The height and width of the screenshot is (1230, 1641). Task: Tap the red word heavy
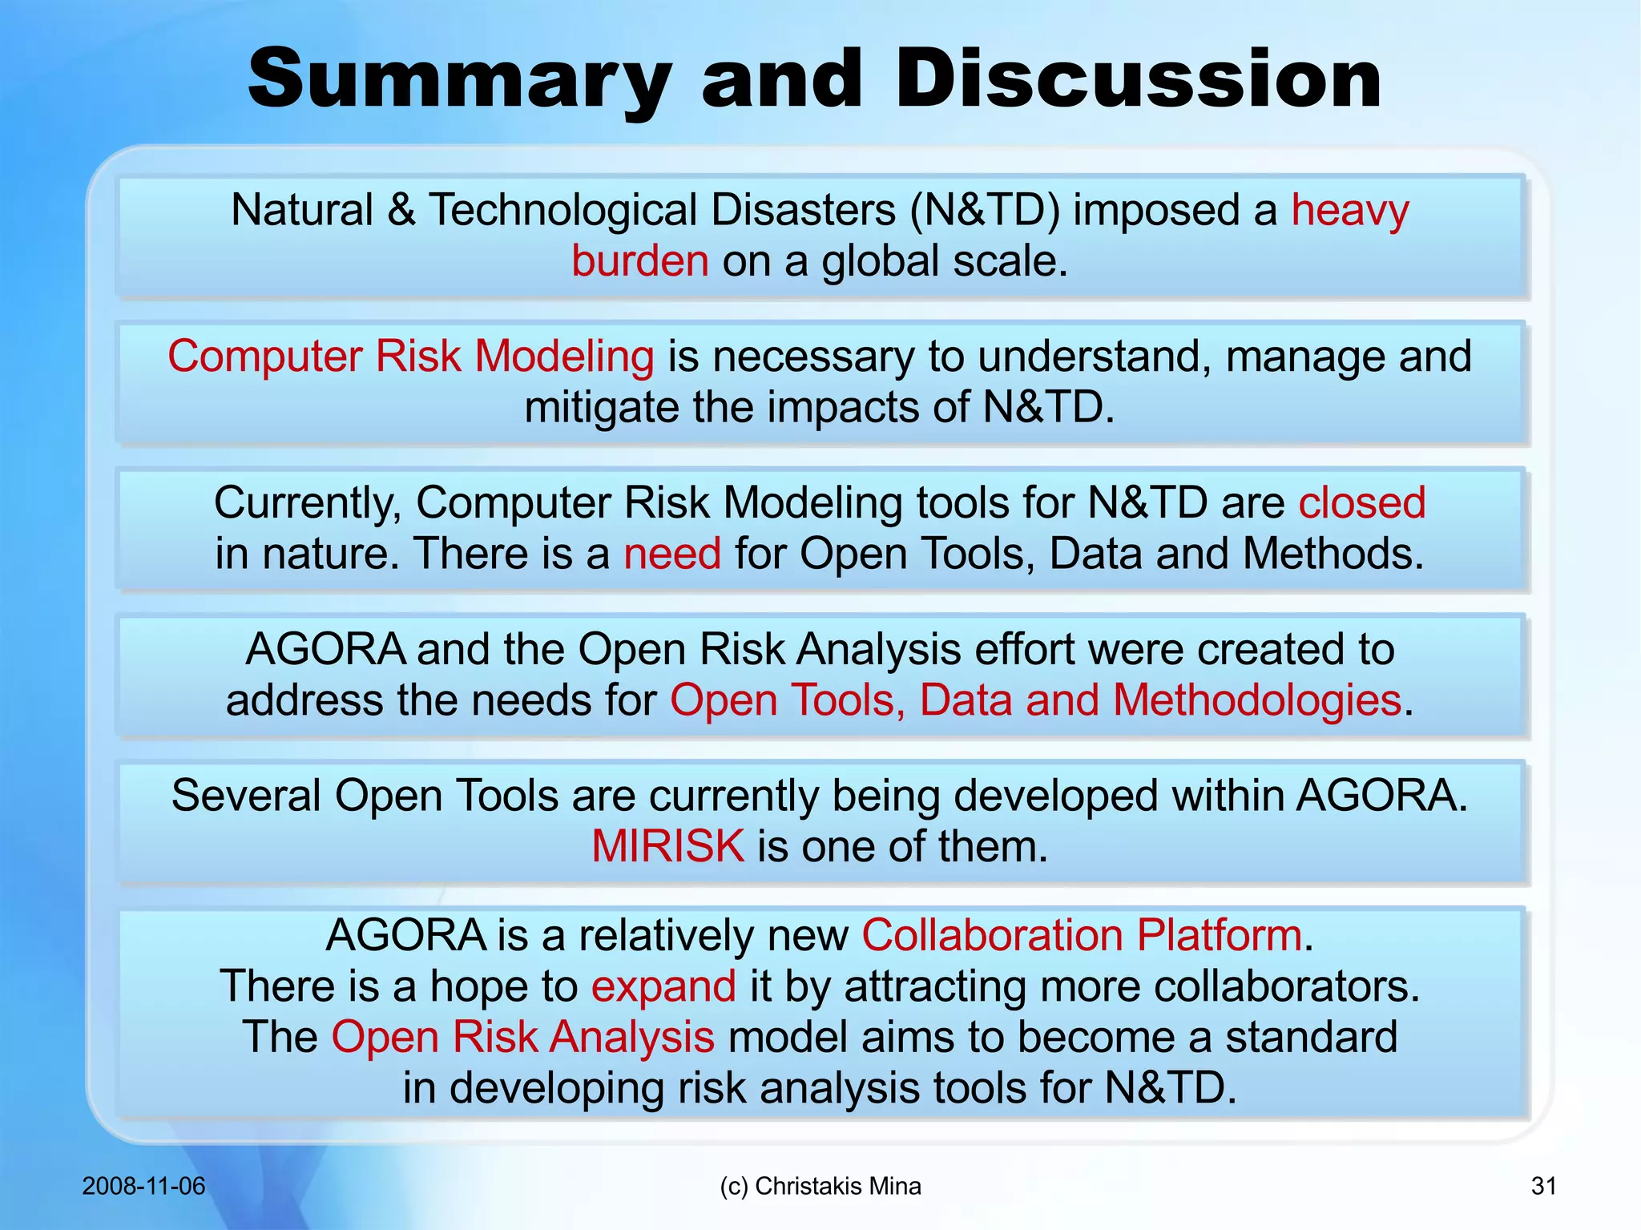coord(1349,211)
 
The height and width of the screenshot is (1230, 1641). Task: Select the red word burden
coord(639,262)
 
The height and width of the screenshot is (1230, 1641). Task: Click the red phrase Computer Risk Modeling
coord(410,357)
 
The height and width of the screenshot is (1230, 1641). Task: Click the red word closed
coord(1361,503)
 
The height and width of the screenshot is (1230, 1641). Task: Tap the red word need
coord(671,555)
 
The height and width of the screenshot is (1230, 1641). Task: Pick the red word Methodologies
coord(1256,700)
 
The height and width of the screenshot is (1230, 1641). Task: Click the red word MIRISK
coord(667,847)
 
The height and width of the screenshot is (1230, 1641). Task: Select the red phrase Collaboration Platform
coord(1082,935)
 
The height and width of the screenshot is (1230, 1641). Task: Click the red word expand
coord(663,986)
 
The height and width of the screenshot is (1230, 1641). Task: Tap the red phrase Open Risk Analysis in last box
coord(522,1038)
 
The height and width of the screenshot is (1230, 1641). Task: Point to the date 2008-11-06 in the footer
coord(143,1186)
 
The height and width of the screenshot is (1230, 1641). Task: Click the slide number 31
coord(1543,1186)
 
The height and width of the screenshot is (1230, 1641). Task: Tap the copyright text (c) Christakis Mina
coord(820,1186)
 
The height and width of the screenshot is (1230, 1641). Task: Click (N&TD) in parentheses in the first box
coord(984,211)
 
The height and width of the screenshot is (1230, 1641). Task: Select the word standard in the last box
coord(1311,1038)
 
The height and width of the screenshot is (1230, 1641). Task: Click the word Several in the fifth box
coord(245,796)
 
